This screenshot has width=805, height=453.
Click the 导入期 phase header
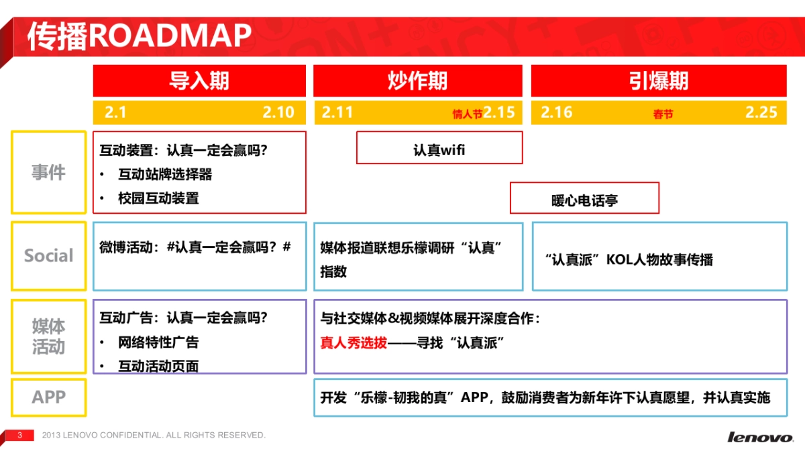click(x=199, y=81)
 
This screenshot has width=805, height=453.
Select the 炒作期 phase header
click(x=417, y=81)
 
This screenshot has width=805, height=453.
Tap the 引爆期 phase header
click(x=659, y=81)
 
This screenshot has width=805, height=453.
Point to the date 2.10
click(x=278, y=113)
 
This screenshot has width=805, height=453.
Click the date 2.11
click(x=337, y=113)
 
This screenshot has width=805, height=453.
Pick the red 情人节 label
click(x=467, y=115)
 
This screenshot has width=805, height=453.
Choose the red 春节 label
click(x=663, y=115)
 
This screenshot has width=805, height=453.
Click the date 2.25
click(x=761, y=113)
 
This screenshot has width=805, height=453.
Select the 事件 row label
click(x=48, y=173)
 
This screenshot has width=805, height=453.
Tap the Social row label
click(x=48, y=256)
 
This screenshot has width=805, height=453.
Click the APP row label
click(x=48, y=397)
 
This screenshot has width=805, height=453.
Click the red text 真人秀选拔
click(x=354, y=343)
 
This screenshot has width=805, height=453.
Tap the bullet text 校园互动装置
click(x=158, y=198)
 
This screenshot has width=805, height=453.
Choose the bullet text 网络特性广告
click(x=158, y=342)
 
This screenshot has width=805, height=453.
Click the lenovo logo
click(x=759, y=438)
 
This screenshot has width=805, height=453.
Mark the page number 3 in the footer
click(x=20, y=436)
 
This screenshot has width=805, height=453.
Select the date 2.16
click(x=557, y=113)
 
